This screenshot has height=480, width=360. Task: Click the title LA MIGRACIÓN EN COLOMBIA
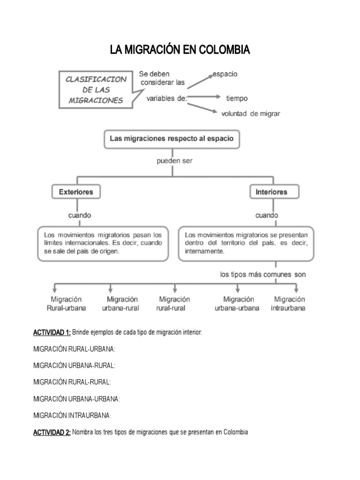(180, 50)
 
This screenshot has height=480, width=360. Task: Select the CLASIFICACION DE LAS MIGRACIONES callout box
(97, 90)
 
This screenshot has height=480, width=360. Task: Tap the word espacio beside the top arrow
(225, 74)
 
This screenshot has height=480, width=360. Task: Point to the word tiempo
(237, 98)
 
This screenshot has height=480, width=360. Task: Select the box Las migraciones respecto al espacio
(171, 139)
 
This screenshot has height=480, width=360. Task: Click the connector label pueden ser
(174, 161)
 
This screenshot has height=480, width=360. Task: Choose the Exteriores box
(76, 192)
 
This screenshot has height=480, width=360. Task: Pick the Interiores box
(271, 192)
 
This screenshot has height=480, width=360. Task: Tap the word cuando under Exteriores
(80, 215)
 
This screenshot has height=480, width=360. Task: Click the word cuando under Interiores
(266, 215)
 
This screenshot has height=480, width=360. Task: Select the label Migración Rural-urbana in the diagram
(66, 304)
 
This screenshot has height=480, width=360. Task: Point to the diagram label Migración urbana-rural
(122, 304)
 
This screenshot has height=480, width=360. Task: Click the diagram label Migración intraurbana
(288, 304)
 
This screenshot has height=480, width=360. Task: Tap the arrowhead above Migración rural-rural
(175, 289)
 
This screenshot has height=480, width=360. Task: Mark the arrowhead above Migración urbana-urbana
(238, 289)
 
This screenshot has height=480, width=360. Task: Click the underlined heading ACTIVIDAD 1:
(52, 332)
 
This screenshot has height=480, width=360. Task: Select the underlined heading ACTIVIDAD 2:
(52, 432)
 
